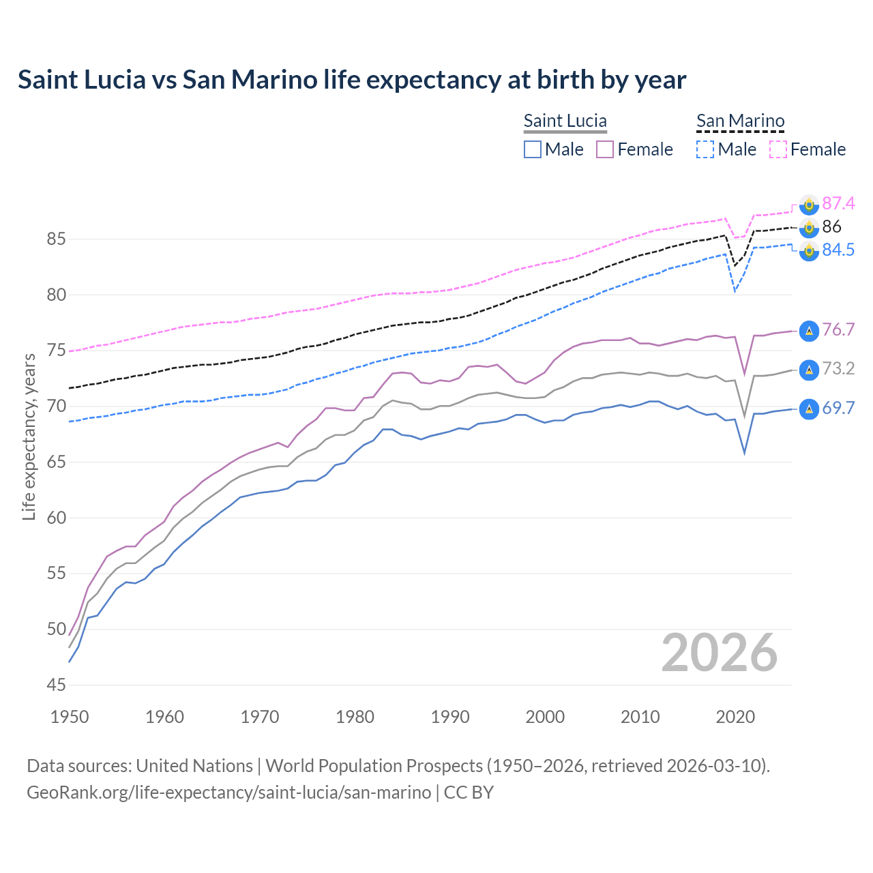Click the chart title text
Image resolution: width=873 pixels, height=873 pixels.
(352, 80)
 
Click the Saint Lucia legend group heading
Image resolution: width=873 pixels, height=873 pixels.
(565, 121)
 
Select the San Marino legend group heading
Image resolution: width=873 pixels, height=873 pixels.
(740, 121)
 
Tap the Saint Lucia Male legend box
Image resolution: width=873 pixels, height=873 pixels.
(533, 149)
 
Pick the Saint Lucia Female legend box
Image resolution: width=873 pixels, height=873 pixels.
(605, 149)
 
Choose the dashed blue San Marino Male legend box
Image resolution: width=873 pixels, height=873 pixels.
(705, 149)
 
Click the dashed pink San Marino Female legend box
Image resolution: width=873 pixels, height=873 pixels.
(778, 149)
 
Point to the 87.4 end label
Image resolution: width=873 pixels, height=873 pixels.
(838, 203)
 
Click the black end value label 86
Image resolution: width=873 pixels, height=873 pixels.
(831, 226)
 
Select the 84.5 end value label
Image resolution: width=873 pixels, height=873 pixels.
(838, 250)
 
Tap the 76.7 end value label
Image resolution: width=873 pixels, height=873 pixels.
(838, 330)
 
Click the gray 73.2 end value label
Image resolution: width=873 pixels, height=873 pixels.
(838, 369)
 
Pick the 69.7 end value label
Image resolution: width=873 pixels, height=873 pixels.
(838, 409)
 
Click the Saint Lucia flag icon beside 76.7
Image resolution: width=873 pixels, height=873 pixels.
(809, 331)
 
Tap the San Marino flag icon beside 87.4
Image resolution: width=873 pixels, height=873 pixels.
(809, 204)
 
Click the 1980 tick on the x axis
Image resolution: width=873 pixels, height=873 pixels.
(355, 717)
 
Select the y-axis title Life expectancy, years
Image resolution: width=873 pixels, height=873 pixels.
(29, 436)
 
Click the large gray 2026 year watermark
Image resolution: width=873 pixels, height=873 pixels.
(719, 653)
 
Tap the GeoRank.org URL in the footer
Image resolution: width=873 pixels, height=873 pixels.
(228, 793)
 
